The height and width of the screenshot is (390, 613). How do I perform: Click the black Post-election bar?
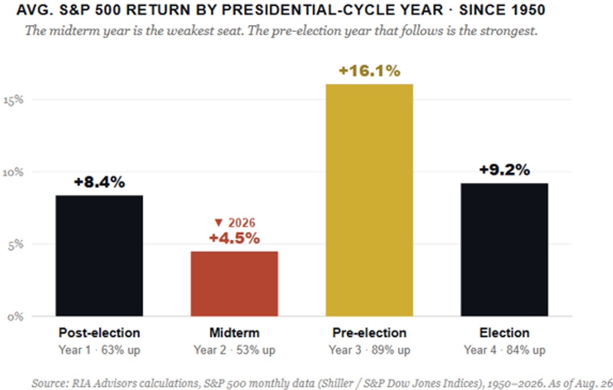point(99,256)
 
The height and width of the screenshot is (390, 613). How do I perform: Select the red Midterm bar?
point(235,284)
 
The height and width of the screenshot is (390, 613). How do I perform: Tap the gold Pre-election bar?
point(369,200)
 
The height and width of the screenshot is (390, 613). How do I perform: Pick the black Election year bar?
point(504,250)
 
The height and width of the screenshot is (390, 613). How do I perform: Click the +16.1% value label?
point(369,71)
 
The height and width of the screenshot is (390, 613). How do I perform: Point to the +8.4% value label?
point(99,182)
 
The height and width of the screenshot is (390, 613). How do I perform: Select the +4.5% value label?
point(235,238)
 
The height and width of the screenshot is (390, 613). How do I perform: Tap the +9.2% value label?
point(504,170)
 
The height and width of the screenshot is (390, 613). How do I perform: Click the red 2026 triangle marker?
point(219,223)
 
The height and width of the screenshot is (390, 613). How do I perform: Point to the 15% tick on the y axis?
point(14,100)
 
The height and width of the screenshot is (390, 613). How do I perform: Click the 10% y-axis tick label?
point(13,173)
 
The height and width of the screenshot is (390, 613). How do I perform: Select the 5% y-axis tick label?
point(15,245)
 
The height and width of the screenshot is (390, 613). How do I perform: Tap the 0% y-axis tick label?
point(15,317)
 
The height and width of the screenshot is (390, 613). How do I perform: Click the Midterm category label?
point(235,332)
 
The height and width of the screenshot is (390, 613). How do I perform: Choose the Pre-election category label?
point(369,332)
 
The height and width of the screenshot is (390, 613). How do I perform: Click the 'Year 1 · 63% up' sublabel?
point(99,350)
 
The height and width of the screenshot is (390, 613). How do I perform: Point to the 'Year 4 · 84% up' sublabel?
point(504,350)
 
